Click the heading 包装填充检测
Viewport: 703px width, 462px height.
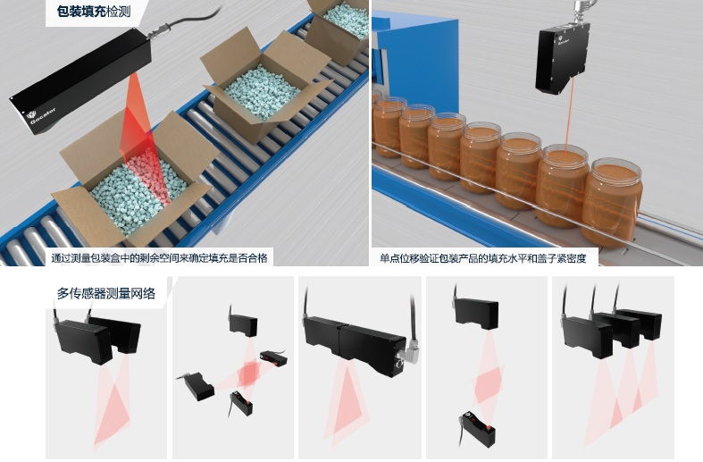point(94,12)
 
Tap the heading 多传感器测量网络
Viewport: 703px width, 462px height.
point(105,293)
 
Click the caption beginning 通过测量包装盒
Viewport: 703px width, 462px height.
point(159,258)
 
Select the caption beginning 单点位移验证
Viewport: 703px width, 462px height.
point(483,258)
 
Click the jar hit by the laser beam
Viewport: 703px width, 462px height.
point(562,184)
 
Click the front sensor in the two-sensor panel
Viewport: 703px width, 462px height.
point(84,341)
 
